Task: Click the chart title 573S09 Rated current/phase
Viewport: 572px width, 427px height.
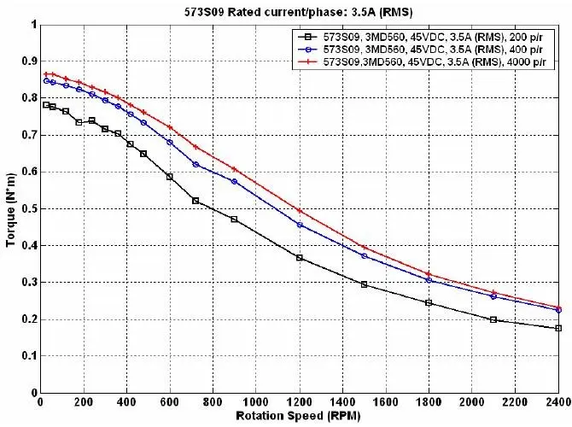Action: pos(298,12)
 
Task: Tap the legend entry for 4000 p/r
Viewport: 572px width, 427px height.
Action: pos(422,61)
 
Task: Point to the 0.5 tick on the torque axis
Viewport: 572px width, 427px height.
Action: pos(30,208)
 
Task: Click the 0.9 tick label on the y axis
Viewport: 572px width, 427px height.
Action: pos(30,61)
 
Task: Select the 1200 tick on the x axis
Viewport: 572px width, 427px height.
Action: pos(300,402)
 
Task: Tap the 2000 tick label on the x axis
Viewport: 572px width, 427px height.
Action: pos(472,402)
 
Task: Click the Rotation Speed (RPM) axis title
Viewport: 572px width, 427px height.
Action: pos(298,416)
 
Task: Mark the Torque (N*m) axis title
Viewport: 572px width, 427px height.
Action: pos(11,210)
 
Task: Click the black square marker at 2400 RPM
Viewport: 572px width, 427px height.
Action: pos(558,329)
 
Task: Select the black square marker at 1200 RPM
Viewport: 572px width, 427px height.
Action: pos(300,258)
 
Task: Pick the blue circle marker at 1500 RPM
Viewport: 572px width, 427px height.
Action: pos(364,256)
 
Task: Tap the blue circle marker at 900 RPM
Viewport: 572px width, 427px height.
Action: pos(235,181)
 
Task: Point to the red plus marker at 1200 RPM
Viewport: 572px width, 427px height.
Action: pos(300,211)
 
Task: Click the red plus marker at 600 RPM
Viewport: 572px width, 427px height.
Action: pos(170,127)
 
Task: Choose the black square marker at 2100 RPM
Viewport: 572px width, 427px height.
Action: pos(493,319)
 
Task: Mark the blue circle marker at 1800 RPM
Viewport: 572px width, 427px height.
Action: pos(429,280)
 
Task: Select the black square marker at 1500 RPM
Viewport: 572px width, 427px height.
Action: pos(364,284)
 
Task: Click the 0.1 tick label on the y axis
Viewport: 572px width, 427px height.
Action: pos(30,356)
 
